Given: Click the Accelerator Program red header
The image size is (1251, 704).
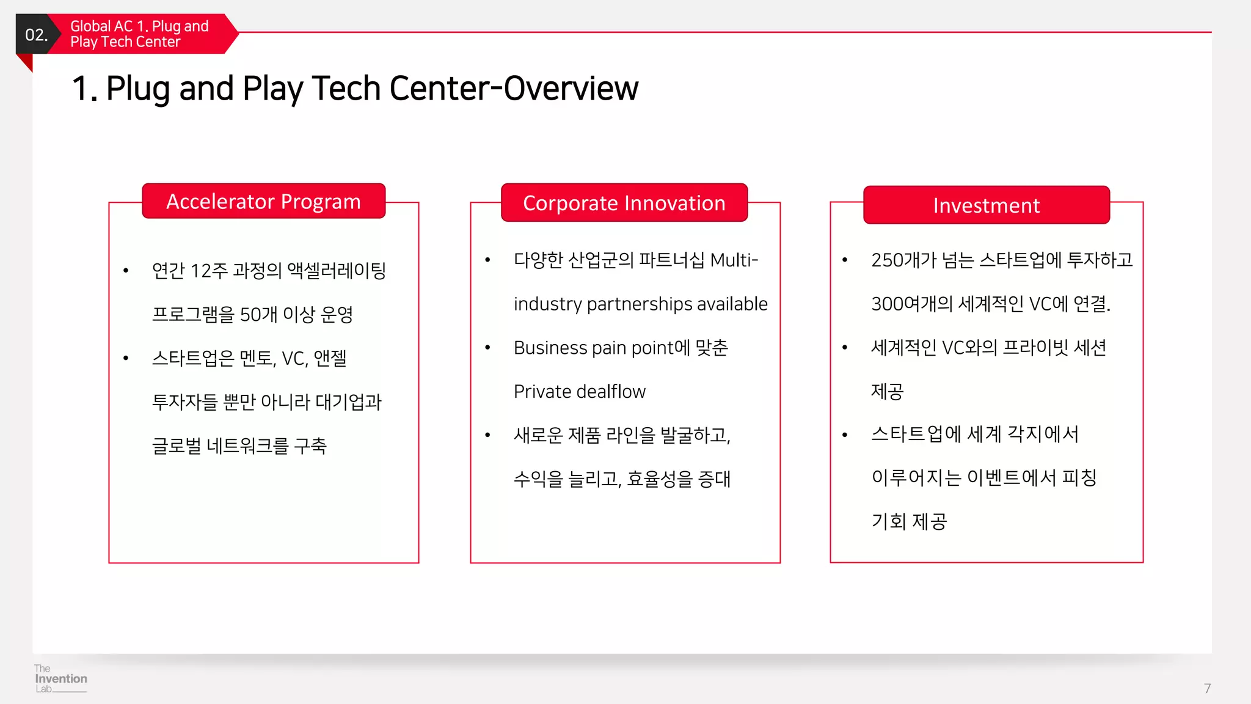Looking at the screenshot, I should click(x=263, y=201).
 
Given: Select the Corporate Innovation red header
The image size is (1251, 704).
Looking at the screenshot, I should click(x=624, y=203).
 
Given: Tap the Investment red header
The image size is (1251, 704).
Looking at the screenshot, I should click(x=986, y=205).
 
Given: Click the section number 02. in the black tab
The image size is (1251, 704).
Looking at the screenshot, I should click(x=36, y=35).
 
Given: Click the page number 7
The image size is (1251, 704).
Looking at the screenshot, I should click(x=1207, y=688).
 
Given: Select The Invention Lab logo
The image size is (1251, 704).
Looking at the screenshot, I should click(x=60, y=679).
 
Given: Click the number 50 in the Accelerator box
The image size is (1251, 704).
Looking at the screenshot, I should click(x=250, y=315).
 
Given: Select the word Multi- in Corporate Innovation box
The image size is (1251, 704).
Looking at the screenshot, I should click(x=734, y=260).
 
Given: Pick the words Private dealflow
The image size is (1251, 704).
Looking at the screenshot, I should click(x=579, y=391).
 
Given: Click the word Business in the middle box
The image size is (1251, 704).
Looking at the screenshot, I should click(x=550, y=348).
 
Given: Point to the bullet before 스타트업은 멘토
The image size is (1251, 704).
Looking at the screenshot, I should click(x=126, y=358).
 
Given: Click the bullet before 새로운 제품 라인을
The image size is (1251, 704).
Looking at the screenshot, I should click(x=487, y=435).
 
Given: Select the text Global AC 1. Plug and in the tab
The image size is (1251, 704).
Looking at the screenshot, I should click(x=139, y=26).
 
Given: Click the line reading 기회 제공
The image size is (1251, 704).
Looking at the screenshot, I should click(x=908, y=521).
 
